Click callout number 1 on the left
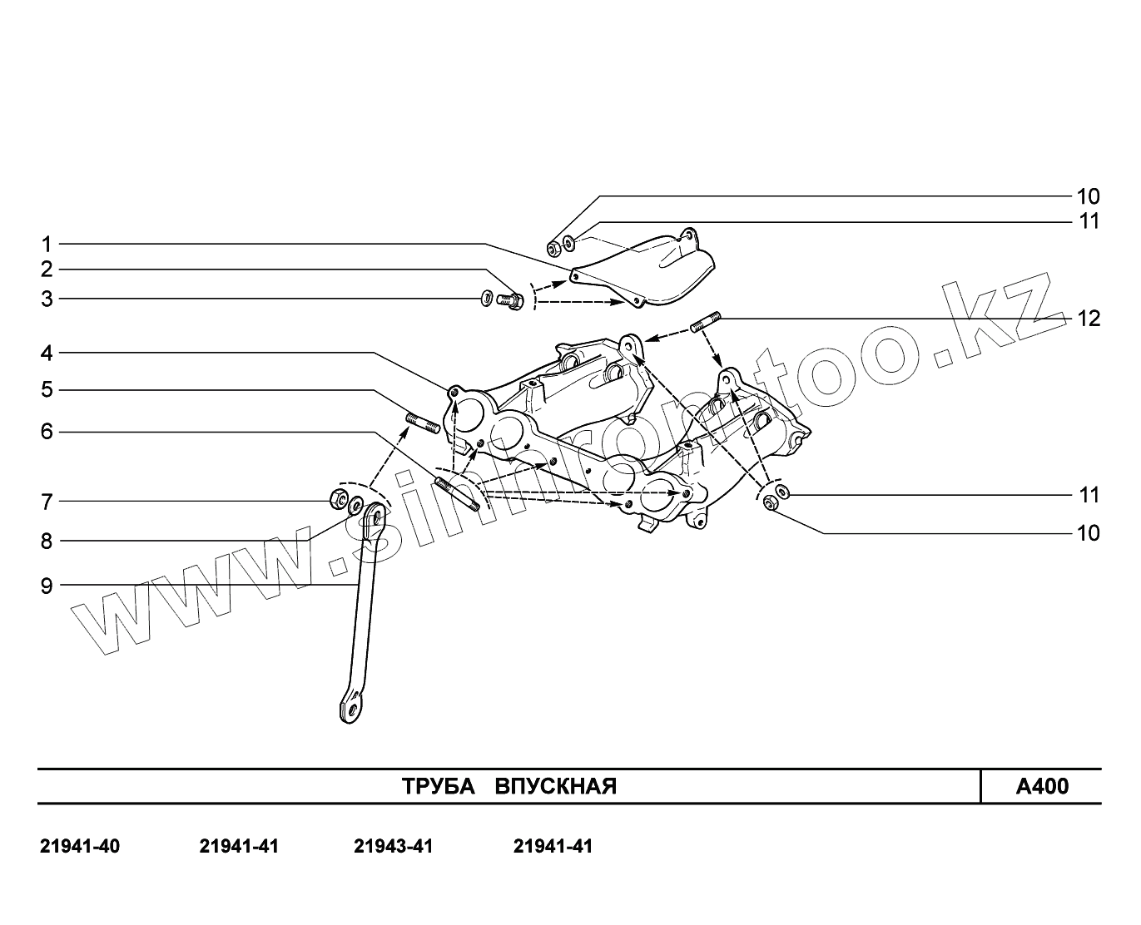[47, 245]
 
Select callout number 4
[47, 354]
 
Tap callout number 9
[47, 586]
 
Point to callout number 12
[1089, 319]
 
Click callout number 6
[47, 432]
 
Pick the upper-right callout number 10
[1089, 197]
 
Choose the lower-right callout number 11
[1089, 496]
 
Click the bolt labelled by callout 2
[510, 300]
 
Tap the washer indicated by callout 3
[486, 298]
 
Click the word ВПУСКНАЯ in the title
[556, 787]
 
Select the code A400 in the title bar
[1042, 787]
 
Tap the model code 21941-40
[80, 847]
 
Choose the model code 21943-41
[394, 847]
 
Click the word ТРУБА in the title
[438, 787]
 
